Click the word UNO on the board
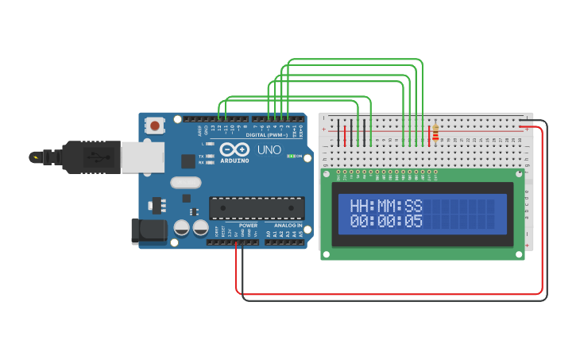[269, 149]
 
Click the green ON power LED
[291, 156]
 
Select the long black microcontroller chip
[257, 208]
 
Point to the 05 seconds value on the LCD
[413, 221]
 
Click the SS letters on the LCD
[413, 206]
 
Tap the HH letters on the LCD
[361, 206]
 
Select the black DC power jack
[149, 231]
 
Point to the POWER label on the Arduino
[248, 226]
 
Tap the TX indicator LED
[209, 157]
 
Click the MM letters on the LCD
[388, 206]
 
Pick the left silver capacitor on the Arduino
[181, 228]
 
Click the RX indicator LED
[209, 163]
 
